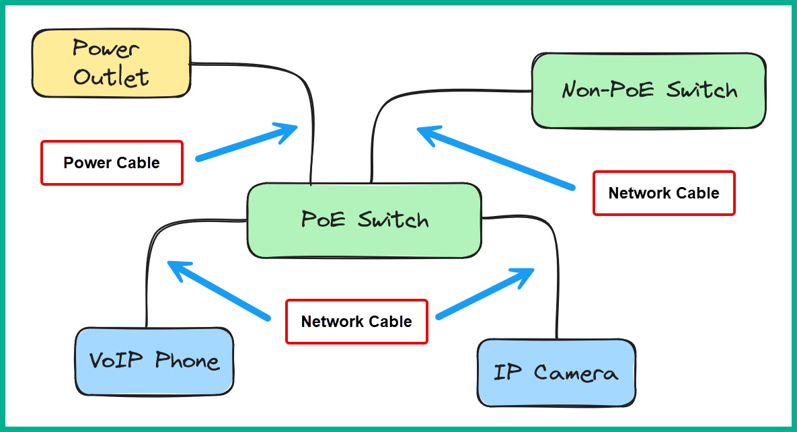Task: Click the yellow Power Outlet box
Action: click(x=111, y=62)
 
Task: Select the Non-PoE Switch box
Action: click(x=648, y=91)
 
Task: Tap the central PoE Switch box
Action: click(x=364, y=220)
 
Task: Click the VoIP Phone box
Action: click(x=154, y=361)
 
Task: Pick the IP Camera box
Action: click(x=556, y=372)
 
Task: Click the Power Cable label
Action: click(x=112, y=163)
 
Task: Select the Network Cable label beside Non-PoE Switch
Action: click(x=663, y=193)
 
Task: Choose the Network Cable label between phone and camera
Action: click(x=356, y=322)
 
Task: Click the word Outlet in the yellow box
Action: click(x=111, y=77)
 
